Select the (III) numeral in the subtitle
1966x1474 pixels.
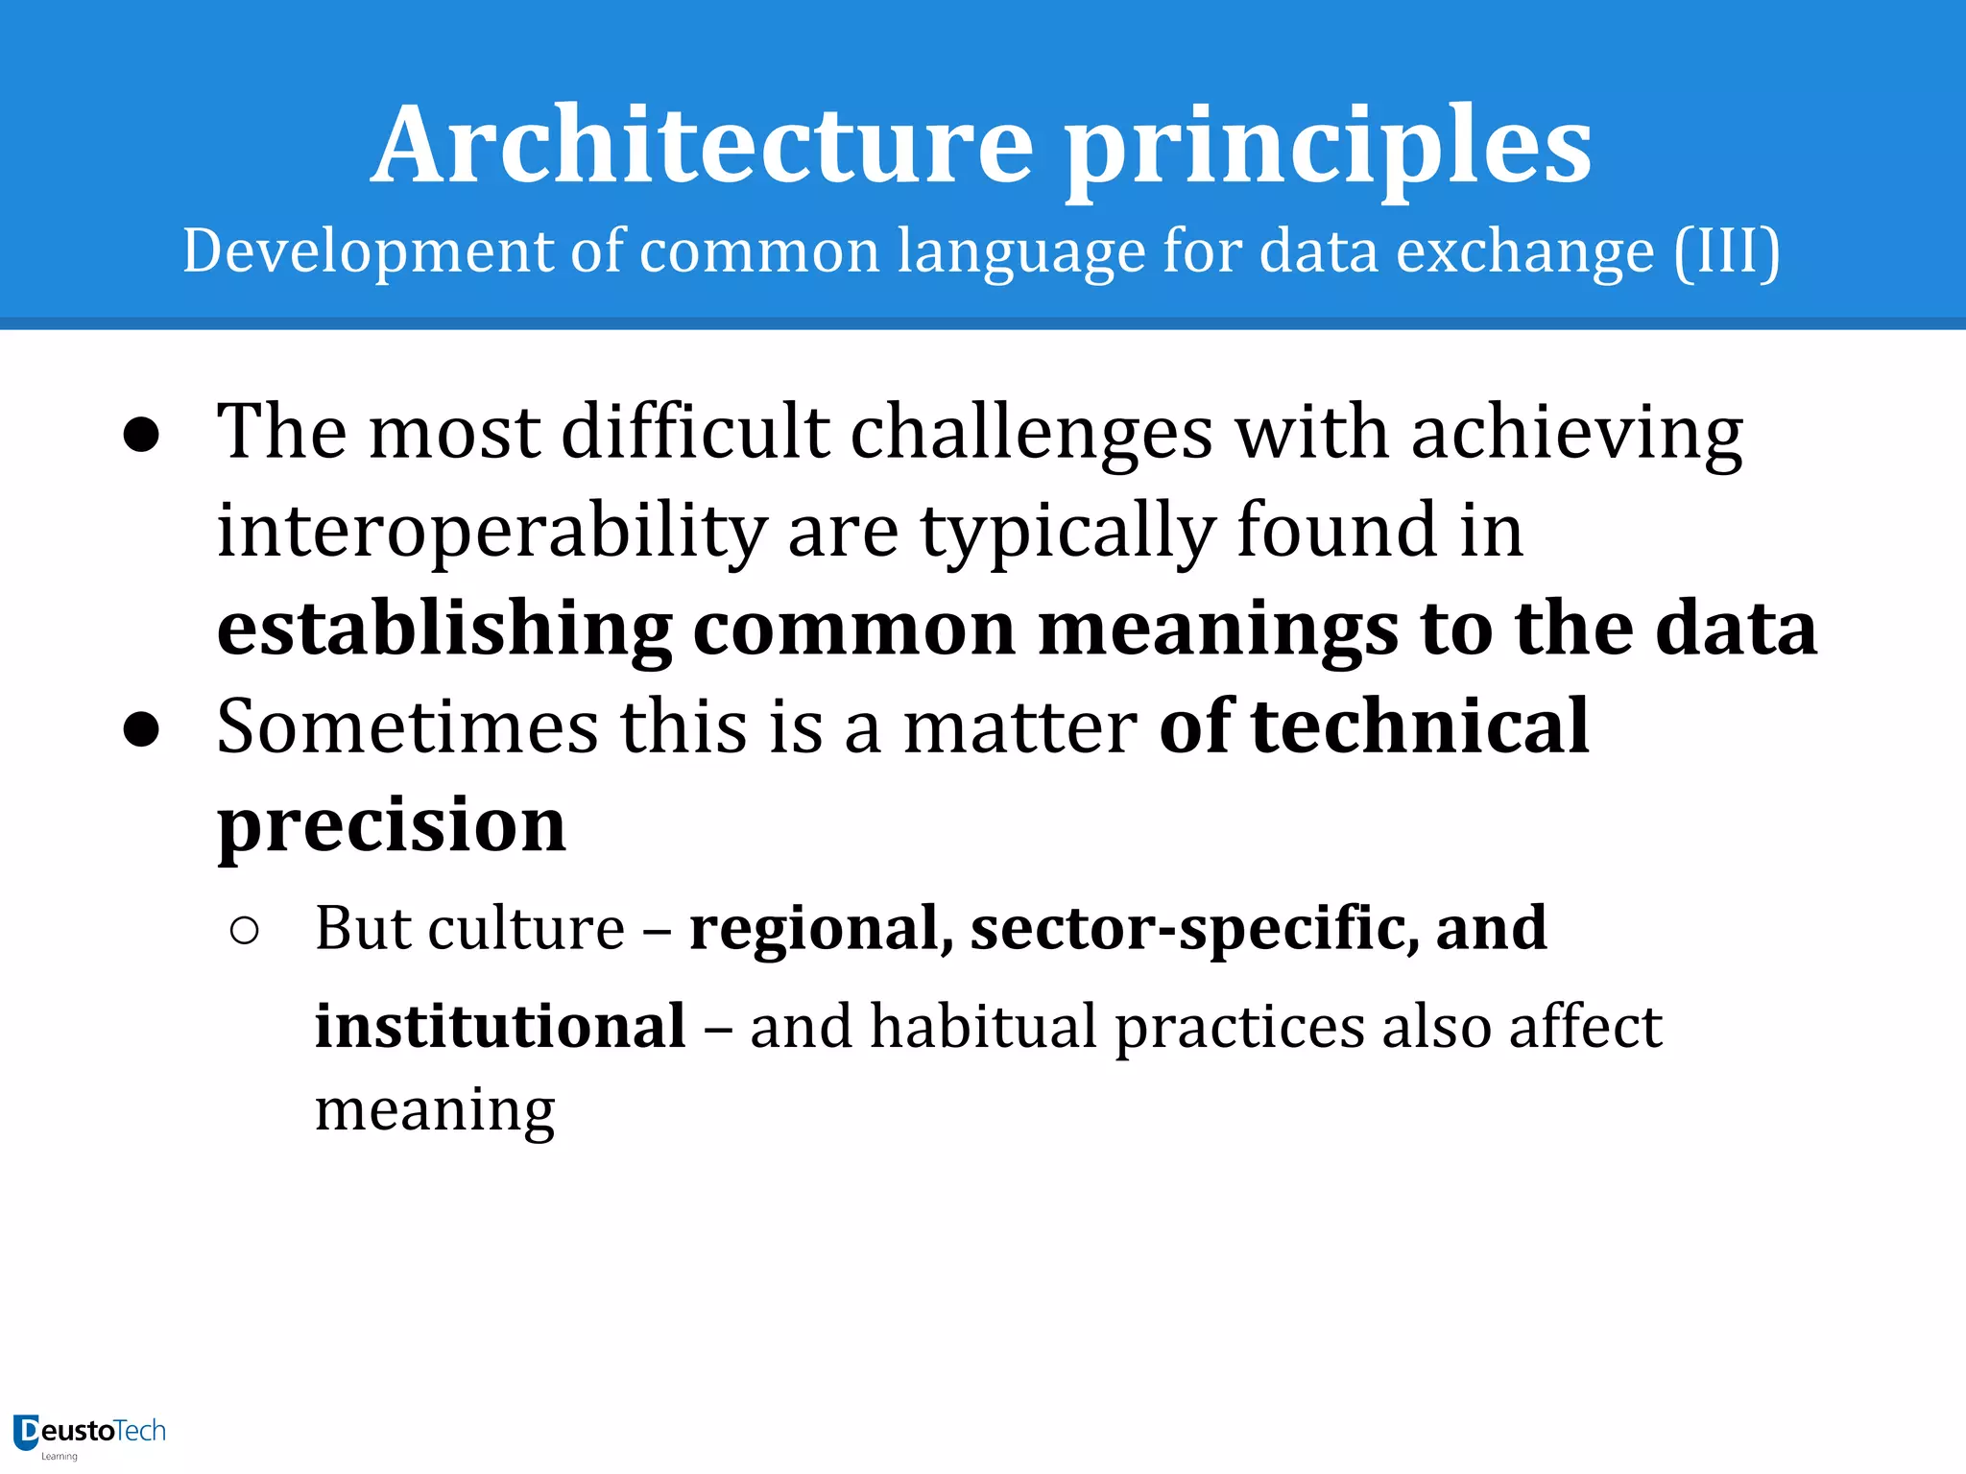[x=1727, y=251]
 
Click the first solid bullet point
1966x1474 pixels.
[x=141, y=435]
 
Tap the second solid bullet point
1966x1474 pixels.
[x=141, y=729]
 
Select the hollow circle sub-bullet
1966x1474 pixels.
[x=245, y=930]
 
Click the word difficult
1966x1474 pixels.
[x=695, y=432]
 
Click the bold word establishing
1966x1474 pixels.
[x=444, y=630]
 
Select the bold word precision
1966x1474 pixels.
[x=392, y=826]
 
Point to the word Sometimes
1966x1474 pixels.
[x=408, y=726]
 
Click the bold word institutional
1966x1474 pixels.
[x=500, y=1026]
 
